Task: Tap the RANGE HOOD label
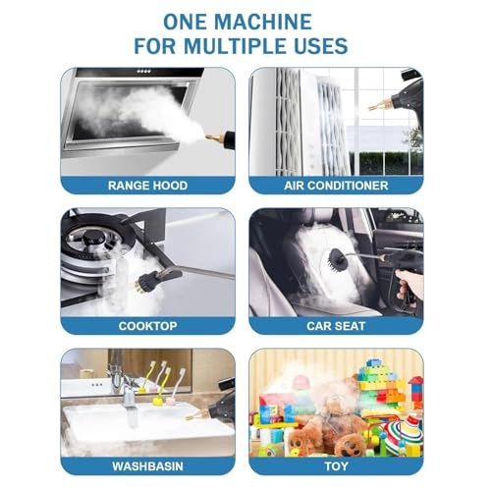coord(147,185)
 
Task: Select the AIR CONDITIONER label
coord(337,185)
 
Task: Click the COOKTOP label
coord(147,325)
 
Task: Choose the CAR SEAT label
coord(337,325)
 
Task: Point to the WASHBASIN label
coord(147,465)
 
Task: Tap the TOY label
coord(337,465)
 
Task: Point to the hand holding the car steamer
coord(412,286)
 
